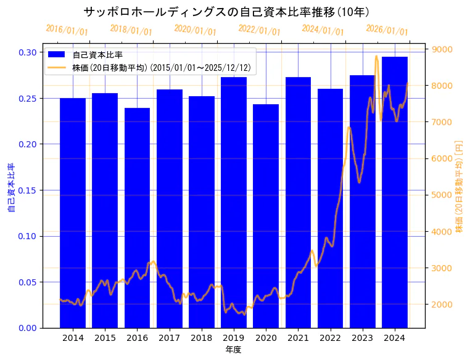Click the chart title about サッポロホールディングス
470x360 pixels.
pyautogui.click(x=226, y=12)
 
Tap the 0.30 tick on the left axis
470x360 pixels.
pyautogui.click(x=27, y=52)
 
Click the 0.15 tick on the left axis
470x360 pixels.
pyautogui.click(x=27, y=190)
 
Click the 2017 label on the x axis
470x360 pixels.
pyautogui.click(x=169, y=338)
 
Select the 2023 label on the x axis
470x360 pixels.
pyautogui.click(x=362, y=338)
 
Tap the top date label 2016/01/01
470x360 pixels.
pyautogui.click(x=67, y=30)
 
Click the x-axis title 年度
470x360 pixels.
pyautogui.click(x=234, y=350)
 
